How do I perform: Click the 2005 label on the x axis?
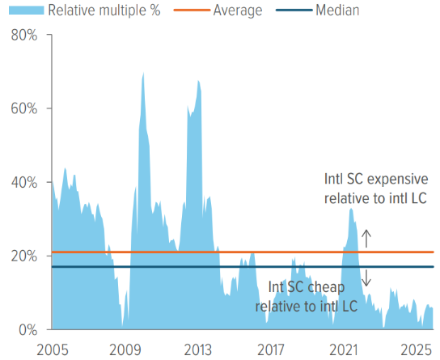click(x=52, y=349)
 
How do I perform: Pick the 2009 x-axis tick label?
click(x=125, y=349)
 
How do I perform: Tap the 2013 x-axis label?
click(x=198, y=349)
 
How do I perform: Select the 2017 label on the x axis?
click(x=271, y=349)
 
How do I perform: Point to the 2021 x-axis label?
click(x=345, y=349)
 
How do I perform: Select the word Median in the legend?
click(x=338, y=11)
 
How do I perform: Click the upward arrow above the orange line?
click(x=365, y=238)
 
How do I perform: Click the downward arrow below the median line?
click(x=365, y=277)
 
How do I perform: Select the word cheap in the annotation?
click(x=330, y=288)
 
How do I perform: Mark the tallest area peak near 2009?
click(x=143, y=74)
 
